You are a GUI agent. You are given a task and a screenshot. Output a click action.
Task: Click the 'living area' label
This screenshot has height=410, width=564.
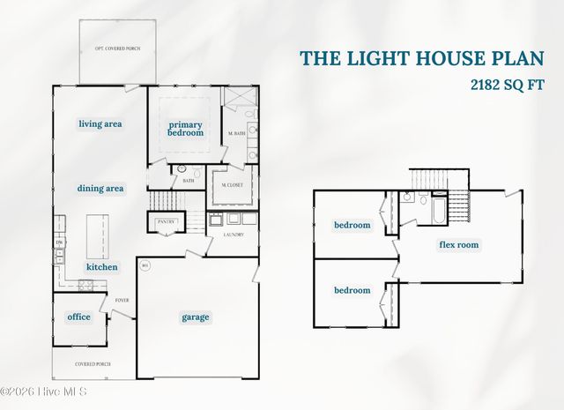point(100,123)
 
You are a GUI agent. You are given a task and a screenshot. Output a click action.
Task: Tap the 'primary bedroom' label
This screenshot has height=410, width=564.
point(186,129)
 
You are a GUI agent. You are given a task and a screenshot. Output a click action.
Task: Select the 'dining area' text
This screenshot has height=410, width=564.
point(100,188)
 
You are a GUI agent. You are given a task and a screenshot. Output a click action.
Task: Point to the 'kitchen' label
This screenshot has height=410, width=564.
point(101,266)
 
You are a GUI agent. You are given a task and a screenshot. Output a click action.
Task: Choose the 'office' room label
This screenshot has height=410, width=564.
point(78,317)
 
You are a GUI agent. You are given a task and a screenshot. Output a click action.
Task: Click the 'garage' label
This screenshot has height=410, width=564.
point(196,317)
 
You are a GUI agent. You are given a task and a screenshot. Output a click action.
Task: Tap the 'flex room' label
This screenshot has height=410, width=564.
point(459,245)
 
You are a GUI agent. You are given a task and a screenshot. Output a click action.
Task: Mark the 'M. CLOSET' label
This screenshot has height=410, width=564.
point(232,185)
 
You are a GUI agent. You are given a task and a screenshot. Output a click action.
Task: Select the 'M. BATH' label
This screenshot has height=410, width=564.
point(236,133)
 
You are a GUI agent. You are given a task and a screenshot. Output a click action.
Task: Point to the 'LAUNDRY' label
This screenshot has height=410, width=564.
point(233,235)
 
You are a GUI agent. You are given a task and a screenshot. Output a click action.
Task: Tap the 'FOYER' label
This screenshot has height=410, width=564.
point(122,300)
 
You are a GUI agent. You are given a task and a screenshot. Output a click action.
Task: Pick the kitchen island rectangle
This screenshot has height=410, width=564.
point(98,234)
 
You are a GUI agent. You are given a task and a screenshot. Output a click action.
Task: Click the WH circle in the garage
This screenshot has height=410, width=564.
point(145,265)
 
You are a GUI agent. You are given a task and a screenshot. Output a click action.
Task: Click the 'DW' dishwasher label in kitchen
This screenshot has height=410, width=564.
point(60,242)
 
